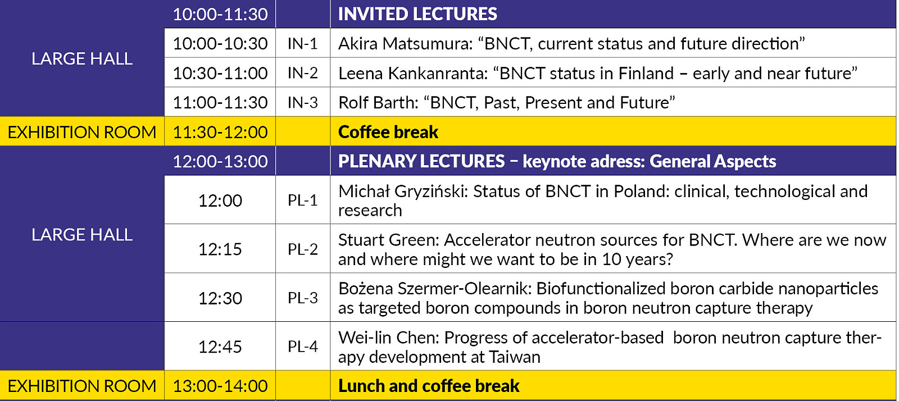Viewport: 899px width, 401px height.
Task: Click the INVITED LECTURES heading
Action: [x=417, y=14]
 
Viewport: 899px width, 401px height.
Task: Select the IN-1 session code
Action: [x=302, y=44]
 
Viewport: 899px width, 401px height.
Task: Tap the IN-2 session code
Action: [x=302, y=73]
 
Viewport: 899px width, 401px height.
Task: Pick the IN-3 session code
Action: [x=302, y=103]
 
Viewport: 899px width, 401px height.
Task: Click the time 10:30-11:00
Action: [x=220, y=73]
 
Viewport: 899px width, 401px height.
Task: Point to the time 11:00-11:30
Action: [x=220, y=103]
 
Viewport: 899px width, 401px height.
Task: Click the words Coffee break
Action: [x=388, y=132]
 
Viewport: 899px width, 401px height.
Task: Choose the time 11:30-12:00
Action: [x=220, y=132]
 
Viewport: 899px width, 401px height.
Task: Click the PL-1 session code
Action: [x=302, y=200]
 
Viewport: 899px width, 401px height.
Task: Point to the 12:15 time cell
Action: [x=220, y=249]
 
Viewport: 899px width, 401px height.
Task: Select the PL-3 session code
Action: [x=302, y=298]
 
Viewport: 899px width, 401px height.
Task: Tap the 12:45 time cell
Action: [x=220, y=347]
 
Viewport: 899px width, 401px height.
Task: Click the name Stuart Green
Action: [x=388, y=240]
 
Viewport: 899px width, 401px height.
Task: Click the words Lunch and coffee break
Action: [x=429, y=386]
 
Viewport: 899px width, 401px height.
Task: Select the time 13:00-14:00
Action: [x=220, y=386]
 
